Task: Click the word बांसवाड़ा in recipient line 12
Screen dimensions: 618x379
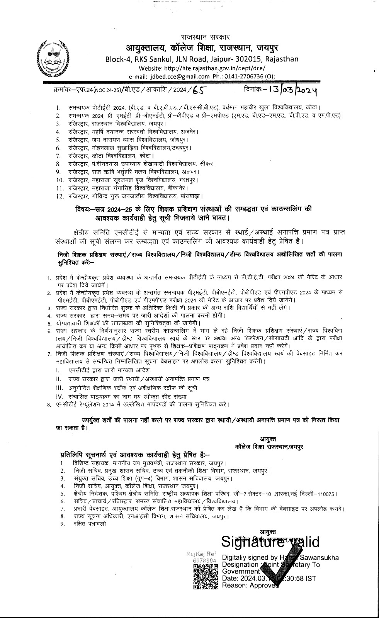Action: pyautogui.click(x=192, y=196)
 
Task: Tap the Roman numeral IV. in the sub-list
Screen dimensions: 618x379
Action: pyautogui.click(x=59, y=396)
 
